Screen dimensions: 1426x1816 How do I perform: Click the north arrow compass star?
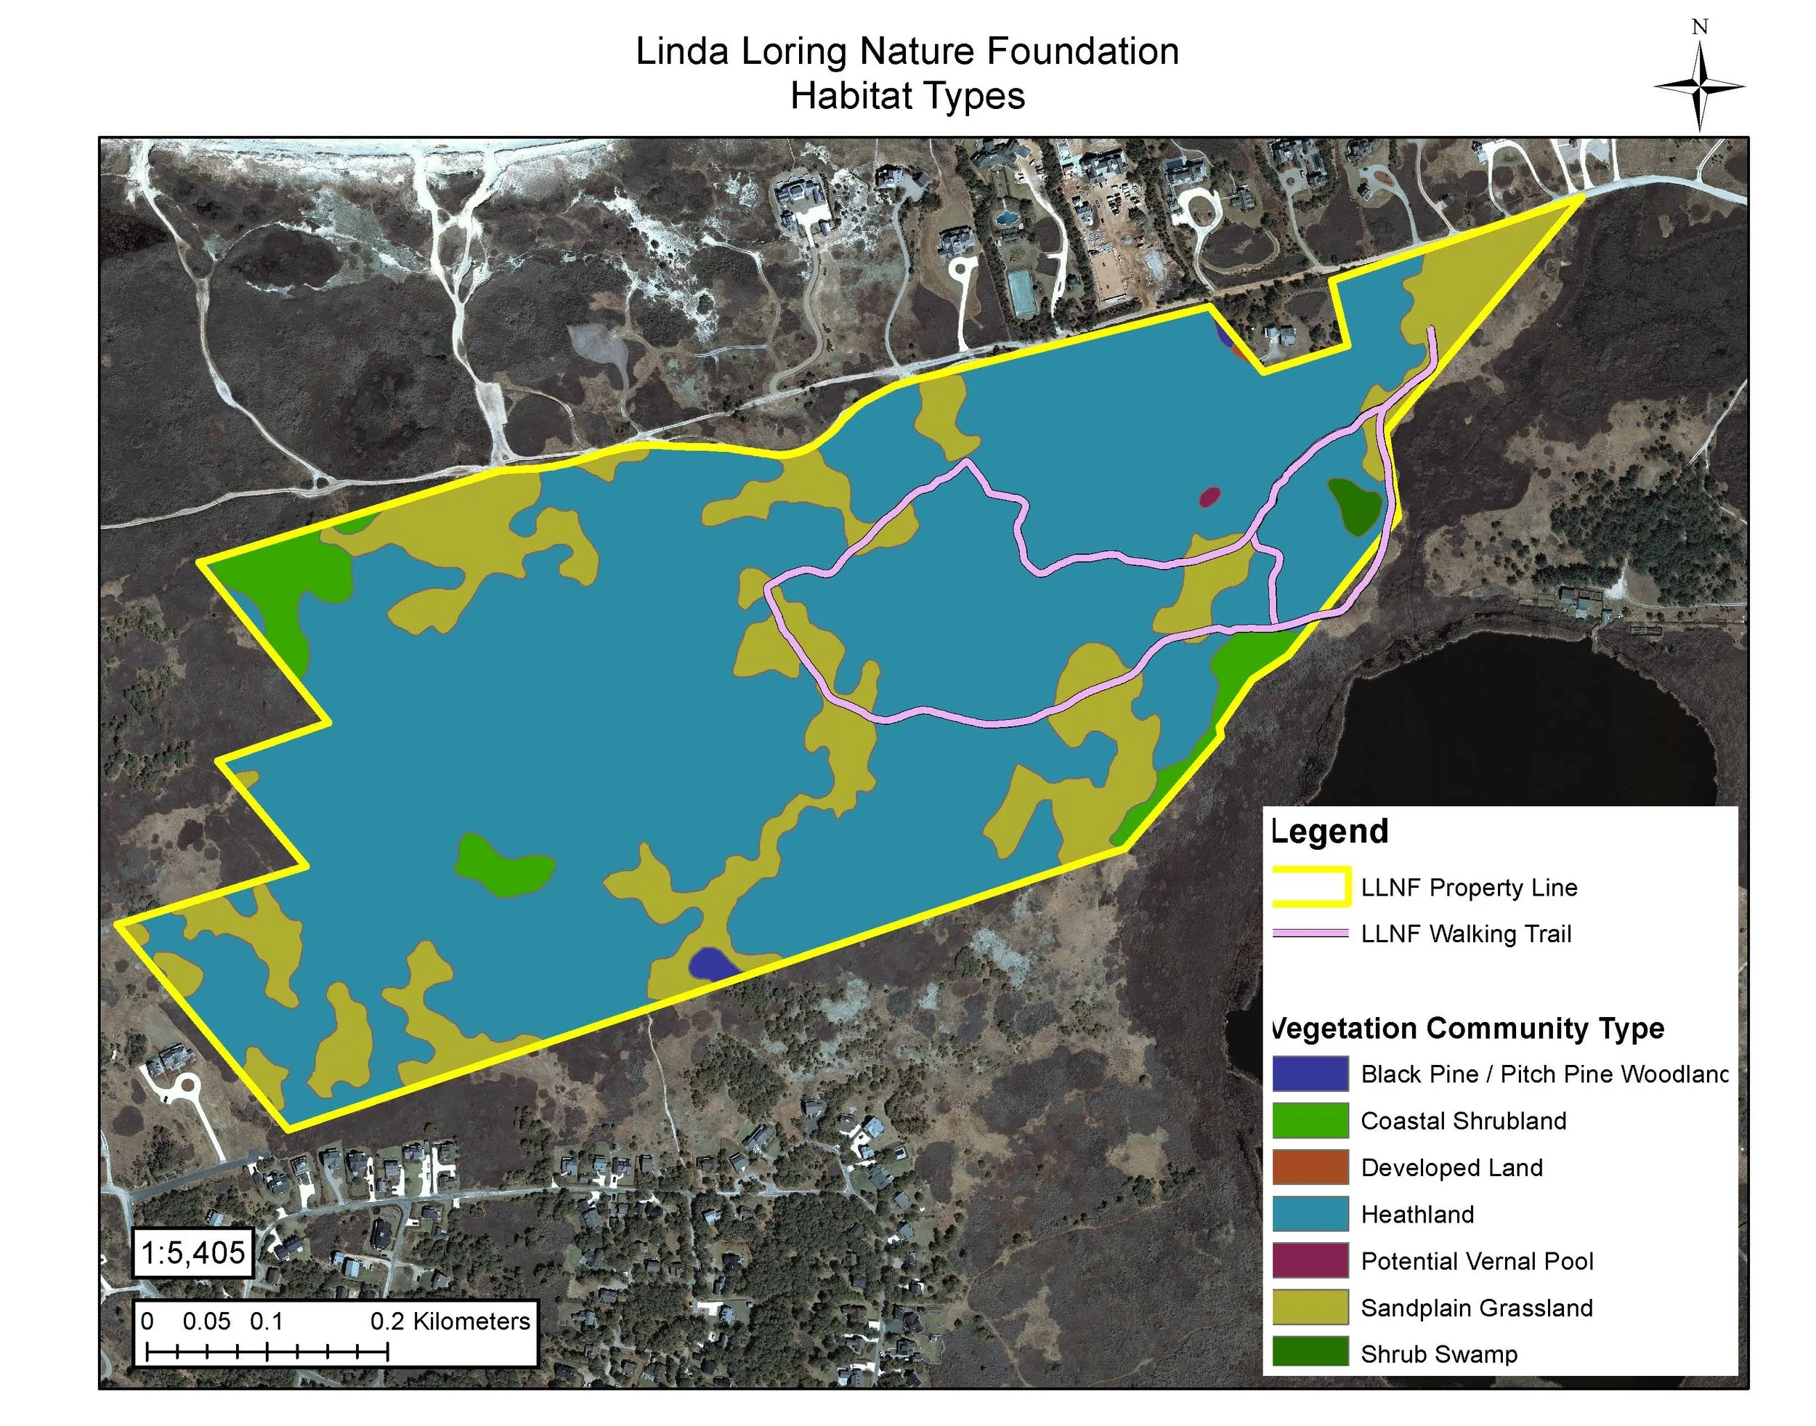click(x=1699, y=86)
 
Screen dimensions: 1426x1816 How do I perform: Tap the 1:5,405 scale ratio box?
click(x=194, y=1252)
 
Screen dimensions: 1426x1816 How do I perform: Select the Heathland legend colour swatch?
click(x=1309, y=1214)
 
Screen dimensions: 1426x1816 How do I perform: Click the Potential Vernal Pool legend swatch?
click(x=1309, y=1260)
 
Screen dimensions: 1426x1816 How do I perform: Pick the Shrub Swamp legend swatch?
click(x=1309, y=1353)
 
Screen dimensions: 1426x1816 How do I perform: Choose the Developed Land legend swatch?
click(x=1309, y=1167)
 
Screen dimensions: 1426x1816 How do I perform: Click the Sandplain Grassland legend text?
click(x=1476, y=1308)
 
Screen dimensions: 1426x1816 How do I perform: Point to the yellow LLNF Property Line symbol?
click(x=1310, y=888)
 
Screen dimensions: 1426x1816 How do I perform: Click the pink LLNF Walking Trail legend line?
click(x=1310, y=933)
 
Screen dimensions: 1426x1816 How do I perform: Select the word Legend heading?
click(x=1330, y=832)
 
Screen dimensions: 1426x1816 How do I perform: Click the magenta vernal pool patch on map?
click(x=1209, y=498)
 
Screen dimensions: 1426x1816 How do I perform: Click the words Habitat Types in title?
click(x=907, y=96)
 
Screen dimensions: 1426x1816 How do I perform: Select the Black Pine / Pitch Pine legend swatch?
click(x=1309, y=1074)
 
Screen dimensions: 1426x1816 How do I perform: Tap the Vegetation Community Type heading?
click(x=1467, y=1028)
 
